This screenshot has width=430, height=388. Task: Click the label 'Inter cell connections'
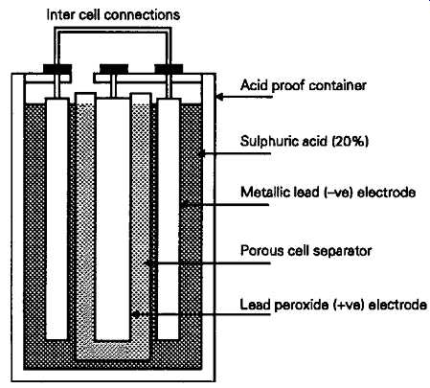pyautogui.click(x=113, y=14)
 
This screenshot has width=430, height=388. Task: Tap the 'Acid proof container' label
pyautogui.click(x=304, y=85)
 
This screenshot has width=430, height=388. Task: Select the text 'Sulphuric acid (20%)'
pyautogui.click(x=305, y=141)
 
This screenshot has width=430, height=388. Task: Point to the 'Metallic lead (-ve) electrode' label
pyautogui.click(x=328, y=193)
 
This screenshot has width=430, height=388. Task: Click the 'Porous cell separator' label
pyautogui.click(x=306, y=251)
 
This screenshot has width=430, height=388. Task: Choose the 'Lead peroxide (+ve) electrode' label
pyautogui.click(x=333, y=305)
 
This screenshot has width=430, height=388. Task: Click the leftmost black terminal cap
pyautogui.click(x=57, y=69)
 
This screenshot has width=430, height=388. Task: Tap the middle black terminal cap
pyautogui.click(x=114, y=69)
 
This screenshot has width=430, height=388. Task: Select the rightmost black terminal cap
pyautogui.click(x=169, y=69)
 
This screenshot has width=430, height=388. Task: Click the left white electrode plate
pyautogui.click(x=57, y=218)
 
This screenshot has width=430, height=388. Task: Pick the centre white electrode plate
pyautogui.click(x=113, y=218)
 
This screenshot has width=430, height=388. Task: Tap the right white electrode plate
pyautogui.click(x=169, y=218)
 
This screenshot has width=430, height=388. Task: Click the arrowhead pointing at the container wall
pyautogui.click(x=220, y=97)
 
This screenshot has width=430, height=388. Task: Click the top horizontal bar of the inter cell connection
pyautogui.click(x=113, y=30)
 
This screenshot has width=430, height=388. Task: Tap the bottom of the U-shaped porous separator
pyautogui.click(x=113, y=351)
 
